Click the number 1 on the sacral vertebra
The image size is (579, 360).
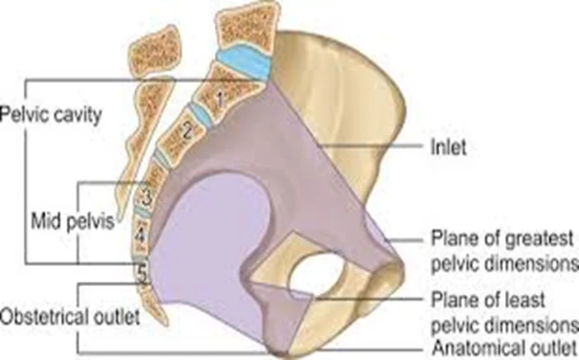(x=219, y=100)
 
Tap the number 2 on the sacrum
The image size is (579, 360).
(x=188, y=131)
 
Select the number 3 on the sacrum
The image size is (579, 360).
(x=147, y=198)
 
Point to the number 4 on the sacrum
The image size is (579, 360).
(x=140, y=236)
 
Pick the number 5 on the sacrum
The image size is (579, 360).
(x=142, y=274)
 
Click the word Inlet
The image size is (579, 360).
(x=448, y=147)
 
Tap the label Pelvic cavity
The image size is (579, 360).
(x=50, y=115)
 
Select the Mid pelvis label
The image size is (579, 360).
(x=72, y=222)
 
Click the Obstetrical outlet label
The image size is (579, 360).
(x=70, y=317)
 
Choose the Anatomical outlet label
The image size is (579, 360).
(x=504, y=348)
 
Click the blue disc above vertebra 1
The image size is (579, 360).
(x=245, y=60)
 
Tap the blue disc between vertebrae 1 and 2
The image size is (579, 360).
(x=200, y=115)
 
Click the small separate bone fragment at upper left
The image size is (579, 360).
(x=154, y=51)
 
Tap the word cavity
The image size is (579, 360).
(x=77, y=115)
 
